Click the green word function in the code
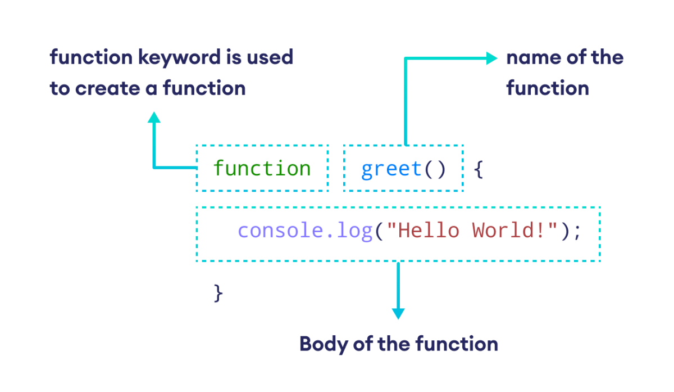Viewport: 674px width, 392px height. (x=262, y=168)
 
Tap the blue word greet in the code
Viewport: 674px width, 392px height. (x=391, y=168)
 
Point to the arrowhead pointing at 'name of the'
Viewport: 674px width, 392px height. (x=492, y=58)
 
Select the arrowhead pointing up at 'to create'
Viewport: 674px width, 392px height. (x=154, y=117)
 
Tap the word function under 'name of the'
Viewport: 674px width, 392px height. (x=547, y=88)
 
